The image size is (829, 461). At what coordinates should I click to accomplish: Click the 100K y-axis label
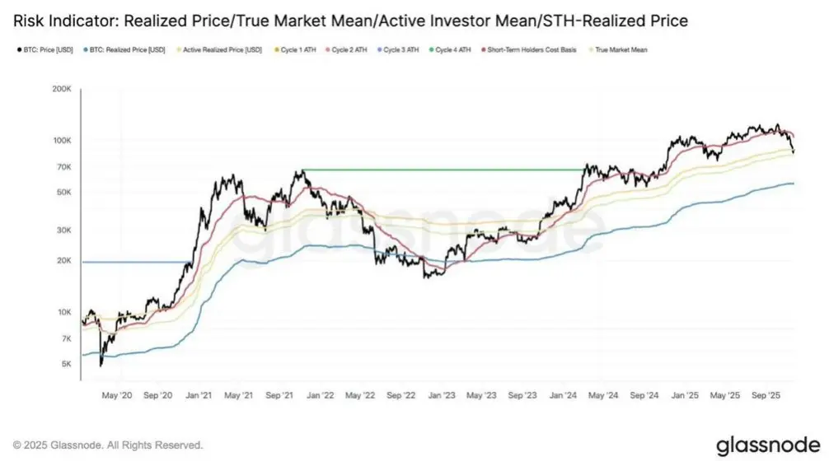coord(62,142)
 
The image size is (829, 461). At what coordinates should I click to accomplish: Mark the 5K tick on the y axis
coord(66,364)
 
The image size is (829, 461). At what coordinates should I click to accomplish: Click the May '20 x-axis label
coord(115,396)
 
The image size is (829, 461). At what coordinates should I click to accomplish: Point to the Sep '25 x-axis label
coord(766,396)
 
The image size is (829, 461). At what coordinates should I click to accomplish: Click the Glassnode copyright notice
coord(107,445)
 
